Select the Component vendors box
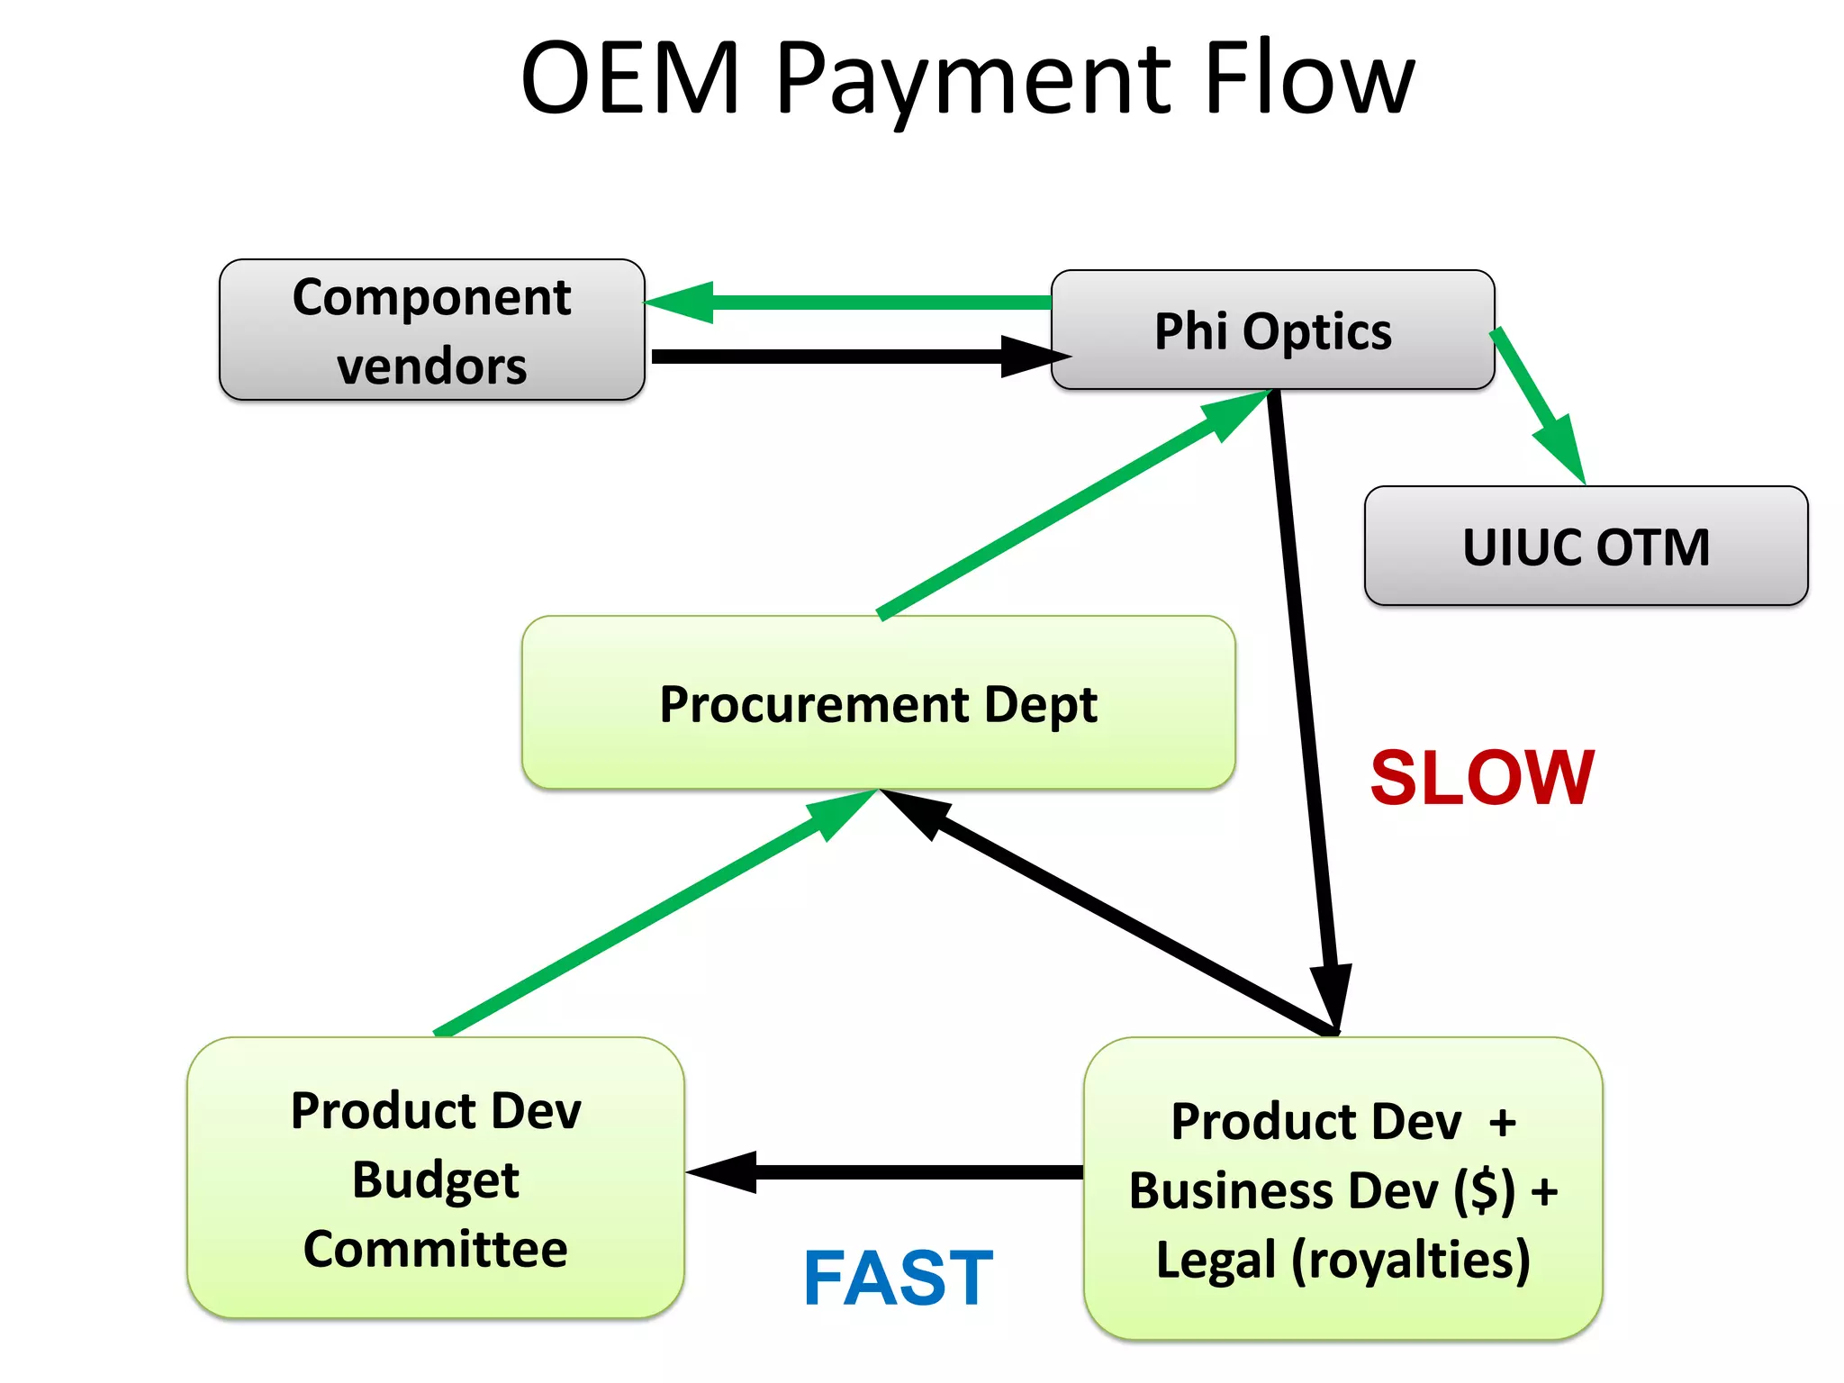pyautogui.click(x=431, y=330)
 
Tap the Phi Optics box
pyautogui.click(x=1272, y=330)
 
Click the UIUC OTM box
pyautogui.click(x=1586, y=547)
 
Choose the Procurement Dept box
pyautogui.click(x=878, y=703)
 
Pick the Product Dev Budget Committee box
pyautogui.click(x=435, y=1178)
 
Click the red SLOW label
pyautogui.click(x=1482, y=778)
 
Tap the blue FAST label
pyautogui.click(x=898, y=1278)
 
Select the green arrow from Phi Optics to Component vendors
pyautogui.click(x=855, y=302)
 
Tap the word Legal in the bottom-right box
pyautogui.click(x=1216, y=1260)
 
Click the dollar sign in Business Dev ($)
pyautogui.click(x=1484, y=1191)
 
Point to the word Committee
pyautogui.click(x=435, y=1249)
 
